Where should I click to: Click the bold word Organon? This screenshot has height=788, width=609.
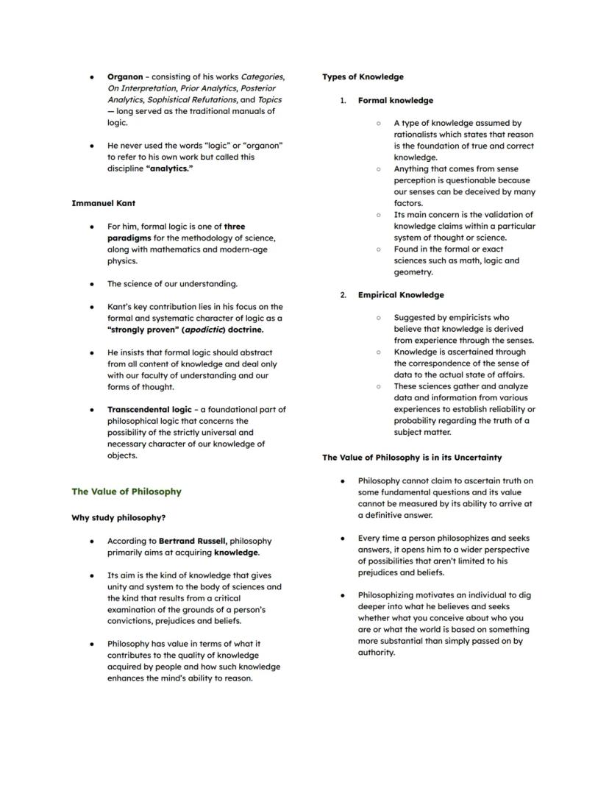point(125,77)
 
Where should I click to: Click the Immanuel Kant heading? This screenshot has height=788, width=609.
point(103,203)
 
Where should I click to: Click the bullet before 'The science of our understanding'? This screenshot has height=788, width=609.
point(91,284)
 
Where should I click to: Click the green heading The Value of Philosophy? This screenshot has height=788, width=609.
point(126,491)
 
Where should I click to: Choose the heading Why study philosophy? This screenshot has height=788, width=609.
point(118,518)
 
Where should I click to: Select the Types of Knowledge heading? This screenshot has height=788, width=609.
point(363,77)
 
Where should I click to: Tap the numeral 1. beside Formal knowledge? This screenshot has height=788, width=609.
point(343,100)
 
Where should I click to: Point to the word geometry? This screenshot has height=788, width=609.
point(413,272)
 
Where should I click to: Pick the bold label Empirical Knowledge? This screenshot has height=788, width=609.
point(401,295)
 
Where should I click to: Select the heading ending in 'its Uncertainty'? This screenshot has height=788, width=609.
point(412,458)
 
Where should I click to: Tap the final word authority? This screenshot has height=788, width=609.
point(376,653)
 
